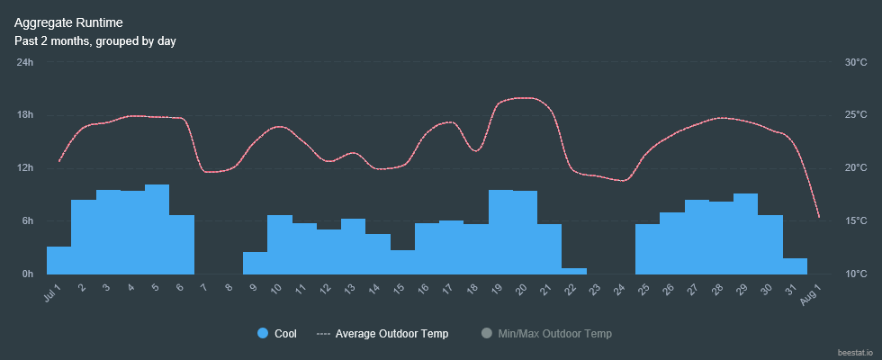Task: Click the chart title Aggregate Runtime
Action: pos(69,22)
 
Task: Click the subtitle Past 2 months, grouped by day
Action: pos(94,40)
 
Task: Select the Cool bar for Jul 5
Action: pos(157,229)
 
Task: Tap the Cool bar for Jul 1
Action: pos(58,260)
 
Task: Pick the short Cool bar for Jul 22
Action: pos(574,271)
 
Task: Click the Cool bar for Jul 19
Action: pos(500,232)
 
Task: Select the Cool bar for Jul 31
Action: pos(795,266)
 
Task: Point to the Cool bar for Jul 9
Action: pos(255,263)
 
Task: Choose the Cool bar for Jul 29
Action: pos(745,234)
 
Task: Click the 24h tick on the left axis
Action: pos(25,62)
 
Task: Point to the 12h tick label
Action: pos(25,168)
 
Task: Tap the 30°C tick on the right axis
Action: pos(855,62)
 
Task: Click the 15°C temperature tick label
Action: pos(855,221)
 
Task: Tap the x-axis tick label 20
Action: pos(521,289)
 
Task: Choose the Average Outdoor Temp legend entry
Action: pos(382,334)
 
